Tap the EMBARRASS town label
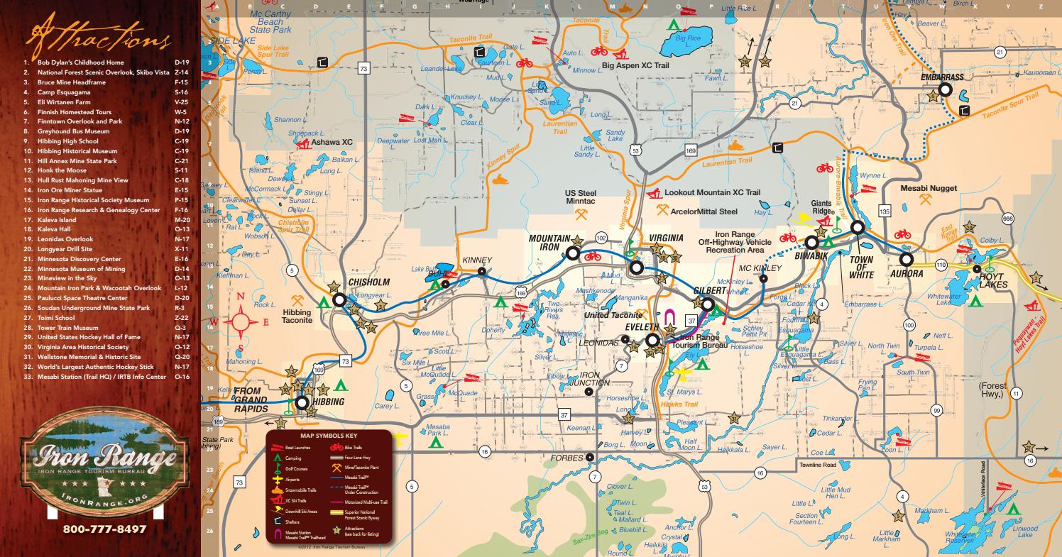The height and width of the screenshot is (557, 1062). tap(942, 76)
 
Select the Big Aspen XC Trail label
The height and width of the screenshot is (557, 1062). tap(636, 66)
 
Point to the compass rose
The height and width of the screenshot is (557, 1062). tap(241, 321)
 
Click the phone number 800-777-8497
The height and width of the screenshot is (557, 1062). tap(104, 529)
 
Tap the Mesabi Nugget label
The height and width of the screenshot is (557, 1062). tap(929, 189)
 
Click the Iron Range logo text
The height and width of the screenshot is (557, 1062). tap(100, 455)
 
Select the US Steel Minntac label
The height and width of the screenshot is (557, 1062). tap(581, 197)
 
